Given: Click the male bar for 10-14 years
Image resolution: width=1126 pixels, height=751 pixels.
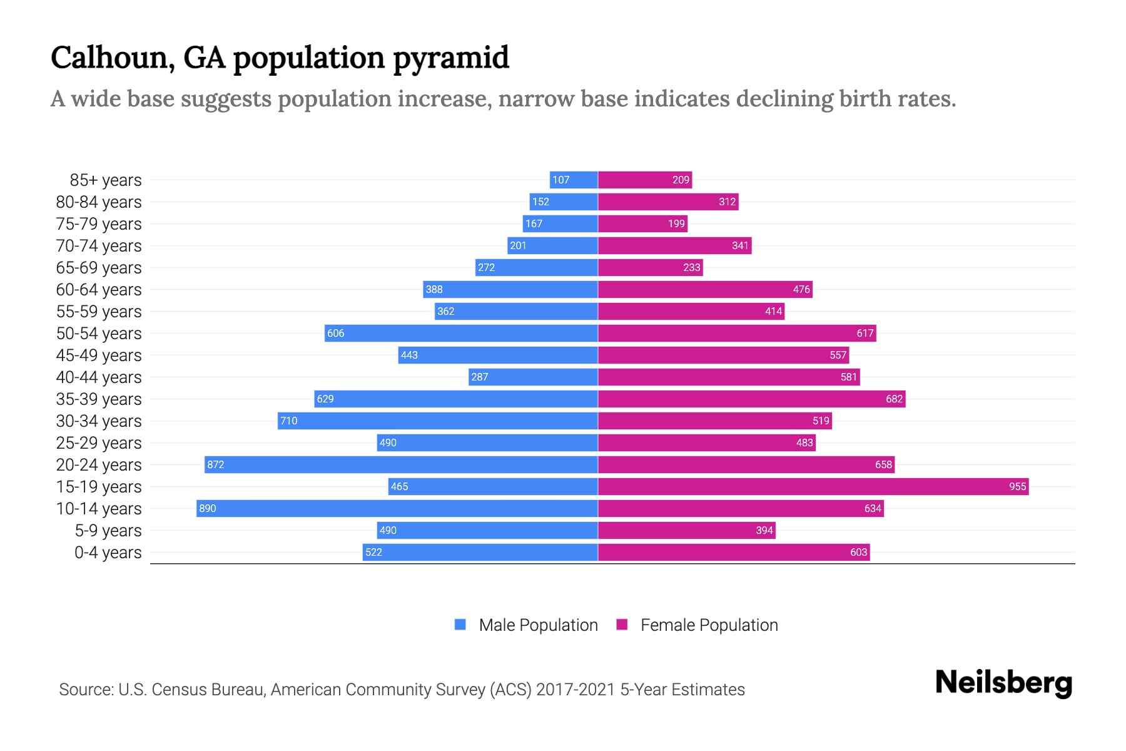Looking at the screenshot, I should (x=397, y=508).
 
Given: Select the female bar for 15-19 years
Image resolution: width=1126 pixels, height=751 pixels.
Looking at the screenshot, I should (x=813, y=486).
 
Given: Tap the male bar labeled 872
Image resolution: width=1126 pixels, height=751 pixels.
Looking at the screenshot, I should (x=401, y=464).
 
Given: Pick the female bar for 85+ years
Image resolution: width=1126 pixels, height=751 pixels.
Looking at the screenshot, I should (x=645, y=180).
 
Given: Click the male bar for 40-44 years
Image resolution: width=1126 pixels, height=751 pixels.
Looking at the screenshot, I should (x=533, y=377).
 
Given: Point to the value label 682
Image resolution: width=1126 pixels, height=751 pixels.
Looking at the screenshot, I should (x=894, y=399).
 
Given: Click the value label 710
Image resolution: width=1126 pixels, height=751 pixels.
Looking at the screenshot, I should (x=288, y=421).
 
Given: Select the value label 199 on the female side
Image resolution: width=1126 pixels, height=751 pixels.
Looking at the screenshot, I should (x=676, y=223).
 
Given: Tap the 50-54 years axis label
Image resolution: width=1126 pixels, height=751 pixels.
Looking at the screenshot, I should (x=99, y=334).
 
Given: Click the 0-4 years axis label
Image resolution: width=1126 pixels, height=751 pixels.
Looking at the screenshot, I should (x=108, y=553).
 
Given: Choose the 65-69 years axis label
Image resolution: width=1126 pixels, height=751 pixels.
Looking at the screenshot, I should (x=99, y=268).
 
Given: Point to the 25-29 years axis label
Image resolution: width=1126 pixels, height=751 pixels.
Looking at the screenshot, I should (x=99, y=443).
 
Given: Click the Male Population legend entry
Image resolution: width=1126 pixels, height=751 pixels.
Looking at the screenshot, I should (x=538, y=625).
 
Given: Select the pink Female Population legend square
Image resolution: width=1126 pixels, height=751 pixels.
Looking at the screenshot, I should (x=622, y=625).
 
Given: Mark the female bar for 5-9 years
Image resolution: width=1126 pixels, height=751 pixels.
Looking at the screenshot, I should (x=686, y=530).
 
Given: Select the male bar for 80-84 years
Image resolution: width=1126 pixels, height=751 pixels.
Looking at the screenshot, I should (x=564, y=202).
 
